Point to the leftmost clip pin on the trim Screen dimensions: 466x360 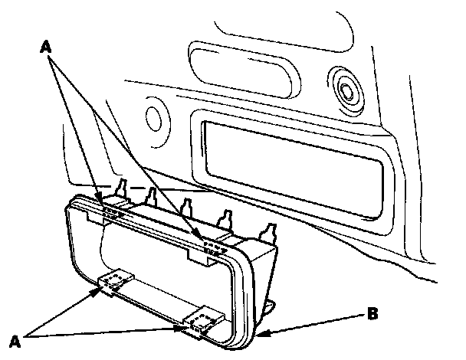point(123,188)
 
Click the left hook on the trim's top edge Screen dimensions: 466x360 point(111,211)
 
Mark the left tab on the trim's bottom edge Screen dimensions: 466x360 point(116,281)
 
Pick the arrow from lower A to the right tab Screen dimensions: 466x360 point(115,331)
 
